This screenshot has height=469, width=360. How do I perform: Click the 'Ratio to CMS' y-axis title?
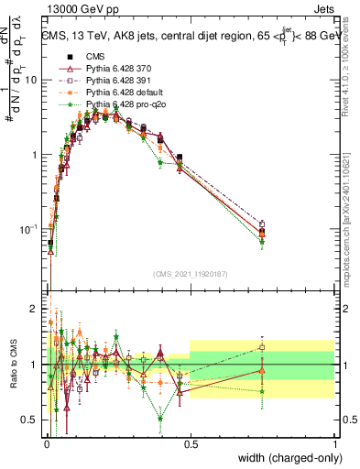tap(12, 365)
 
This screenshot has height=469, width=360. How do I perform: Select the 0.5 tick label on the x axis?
tap(191, 444)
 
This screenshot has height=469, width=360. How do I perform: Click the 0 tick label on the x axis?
tap(47, 444)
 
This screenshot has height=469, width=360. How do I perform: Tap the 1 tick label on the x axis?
tap(334, 444)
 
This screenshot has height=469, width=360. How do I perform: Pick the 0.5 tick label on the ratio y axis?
tap(32, 420)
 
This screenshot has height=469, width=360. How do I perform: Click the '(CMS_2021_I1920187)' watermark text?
tap(191, 274)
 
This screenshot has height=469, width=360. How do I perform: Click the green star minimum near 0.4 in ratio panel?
tap(160, 419)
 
